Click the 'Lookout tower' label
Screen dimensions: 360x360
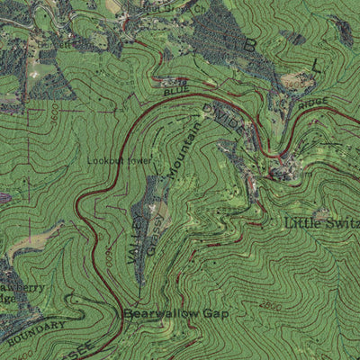[119, 161]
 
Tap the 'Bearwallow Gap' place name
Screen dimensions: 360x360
[175, 314]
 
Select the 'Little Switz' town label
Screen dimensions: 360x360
[322, 222]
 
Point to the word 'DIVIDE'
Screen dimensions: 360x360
[222, 120]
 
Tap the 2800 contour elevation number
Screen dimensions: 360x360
[270, 307]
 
